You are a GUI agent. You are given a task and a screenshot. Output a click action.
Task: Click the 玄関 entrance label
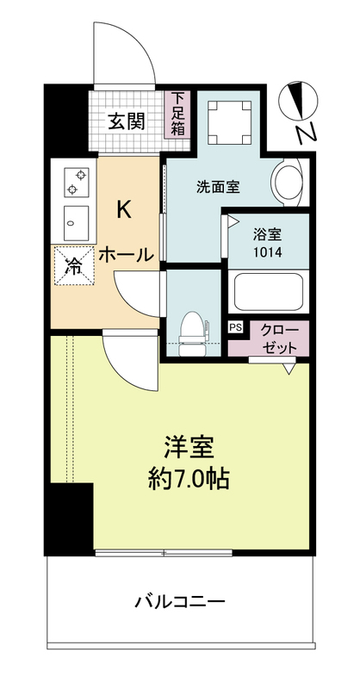pyautogui.click(x=125, y=121)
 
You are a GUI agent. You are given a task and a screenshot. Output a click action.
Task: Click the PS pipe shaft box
pyautogui.click(x=235, y=326)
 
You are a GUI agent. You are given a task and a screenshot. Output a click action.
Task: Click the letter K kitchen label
pyautogui.click(x=124, y=210)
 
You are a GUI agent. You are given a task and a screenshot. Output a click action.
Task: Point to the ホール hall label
pyautogui.click(x=125, y=255)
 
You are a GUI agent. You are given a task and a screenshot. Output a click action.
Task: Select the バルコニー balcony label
pyautogui.click(x=179, y=600)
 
